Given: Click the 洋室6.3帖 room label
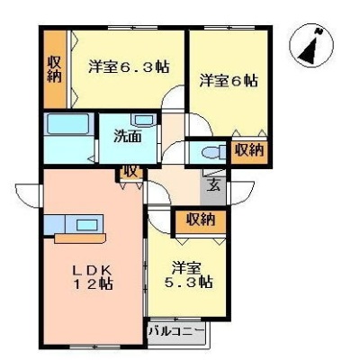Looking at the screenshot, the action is coord(129,67).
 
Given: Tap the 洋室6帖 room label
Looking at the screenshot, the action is coord(229,80).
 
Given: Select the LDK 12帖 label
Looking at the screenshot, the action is coord(93,276).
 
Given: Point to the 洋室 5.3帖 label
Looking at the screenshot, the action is coord(189,274).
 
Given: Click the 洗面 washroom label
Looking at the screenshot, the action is coord(128,137).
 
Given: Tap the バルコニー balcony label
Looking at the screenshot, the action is coord(177,332).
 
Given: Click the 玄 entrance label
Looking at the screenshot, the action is coord(215,184).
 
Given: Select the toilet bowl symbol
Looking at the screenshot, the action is coord(214,152).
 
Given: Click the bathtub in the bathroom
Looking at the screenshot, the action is coord(68,123).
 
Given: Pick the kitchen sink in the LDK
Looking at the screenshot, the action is coord(87,224).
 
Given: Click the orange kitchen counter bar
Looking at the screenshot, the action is coord(80,238).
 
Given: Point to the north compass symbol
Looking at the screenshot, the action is coord(311,44).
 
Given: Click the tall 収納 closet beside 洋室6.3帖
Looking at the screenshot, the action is coord(55,69).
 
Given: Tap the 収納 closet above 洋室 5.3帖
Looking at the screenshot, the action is coord(201,221).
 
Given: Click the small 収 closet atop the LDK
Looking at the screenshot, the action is coord(130,172).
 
